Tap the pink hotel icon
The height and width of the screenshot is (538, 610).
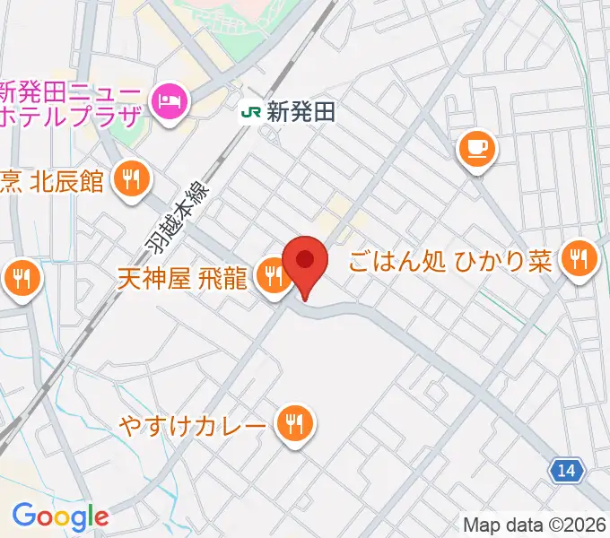[x=169, y=102]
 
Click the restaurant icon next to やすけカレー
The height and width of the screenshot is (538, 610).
[x=293, y=421]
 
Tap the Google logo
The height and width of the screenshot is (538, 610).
[x=59, y=516]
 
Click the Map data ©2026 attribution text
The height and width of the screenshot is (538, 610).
[x=535, y=525]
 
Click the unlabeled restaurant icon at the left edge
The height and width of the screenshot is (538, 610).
[x=20, y=279]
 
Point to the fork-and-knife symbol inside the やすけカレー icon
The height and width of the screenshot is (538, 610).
[x=293, y=420]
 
